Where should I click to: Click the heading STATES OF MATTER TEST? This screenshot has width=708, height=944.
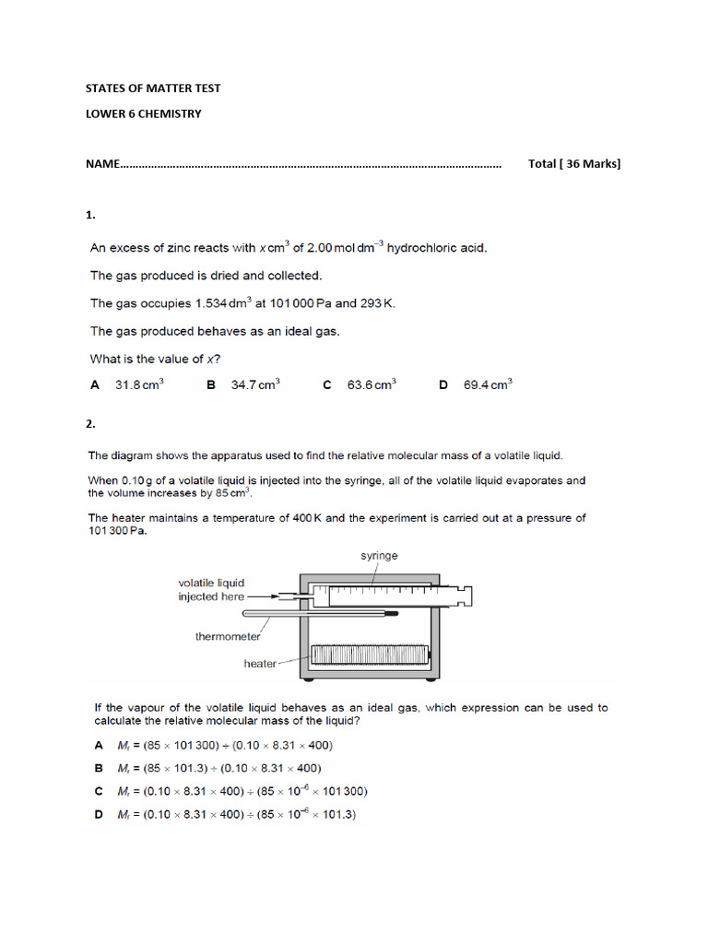click(x=153, y=88)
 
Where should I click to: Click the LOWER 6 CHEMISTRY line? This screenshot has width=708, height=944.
click(x=143, y=114)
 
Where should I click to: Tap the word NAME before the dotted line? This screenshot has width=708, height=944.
click(x=102, y=164)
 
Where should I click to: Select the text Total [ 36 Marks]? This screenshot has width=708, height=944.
click(x=574, y=164)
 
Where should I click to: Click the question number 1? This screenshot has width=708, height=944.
click(x=90, y=215)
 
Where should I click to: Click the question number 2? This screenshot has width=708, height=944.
click(x=90, y=425)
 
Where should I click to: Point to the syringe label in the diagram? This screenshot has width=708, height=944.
click(x=380, y=556)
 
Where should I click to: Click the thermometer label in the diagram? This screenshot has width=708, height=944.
click(x=228, y=636)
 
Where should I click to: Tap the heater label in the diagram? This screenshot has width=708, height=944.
click(x=260, y=663)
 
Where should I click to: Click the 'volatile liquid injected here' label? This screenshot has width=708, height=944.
click(x=211, y=590)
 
